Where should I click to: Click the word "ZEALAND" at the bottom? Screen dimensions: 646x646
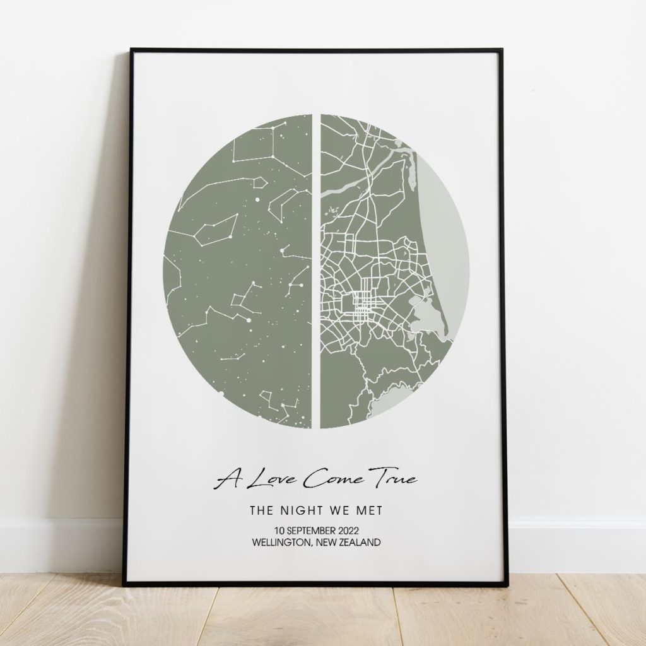tap(358, 542)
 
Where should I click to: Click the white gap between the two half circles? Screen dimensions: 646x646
tap(316, 271)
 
